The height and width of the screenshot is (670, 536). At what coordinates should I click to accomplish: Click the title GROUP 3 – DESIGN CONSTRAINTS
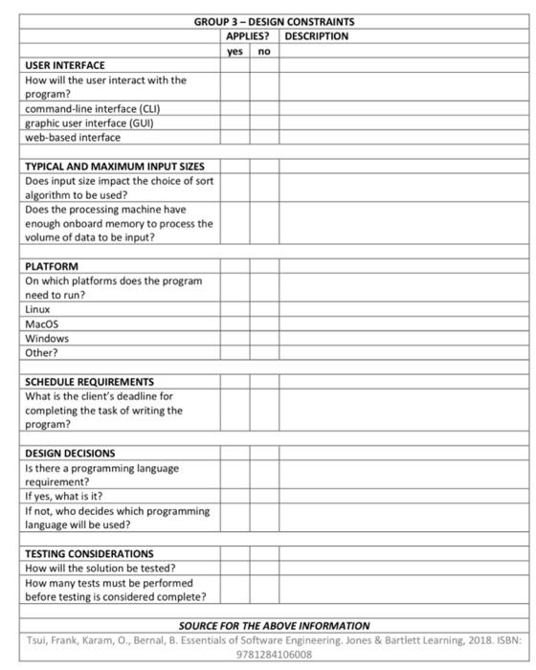(x=273, y=22)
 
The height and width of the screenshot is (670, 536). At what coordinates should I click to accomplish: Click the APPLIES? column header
(x=250, y=36)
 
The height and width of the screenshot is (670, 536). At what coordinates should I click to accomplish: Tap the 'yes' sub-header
(x=234, y=51)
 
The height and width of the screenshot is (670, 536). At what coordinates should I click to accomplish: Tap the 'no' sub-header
(x=264, y=51)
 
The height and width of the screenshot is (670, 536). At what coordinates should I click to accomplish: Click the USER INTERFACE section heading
(x=65, y=65)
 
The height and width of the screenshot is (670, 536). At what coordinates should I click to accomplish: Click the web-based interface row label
(x=73, y=137)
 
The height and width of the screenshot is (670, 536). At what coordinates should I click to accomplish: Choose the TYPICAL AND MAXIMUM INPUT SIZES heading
(x=114, y=166)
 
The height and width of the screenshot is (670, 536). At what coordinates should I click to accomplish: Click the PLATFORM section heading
(x=52, y=266)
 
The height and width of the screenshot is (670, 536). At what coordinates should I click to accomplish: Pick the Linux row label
(x=37, y=310)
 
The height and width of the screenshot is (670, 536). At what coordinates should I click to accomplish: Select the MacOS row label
(x=42, y=324)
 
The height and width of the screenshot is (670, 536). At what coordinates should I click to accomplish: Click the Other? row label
(x=41, y=353)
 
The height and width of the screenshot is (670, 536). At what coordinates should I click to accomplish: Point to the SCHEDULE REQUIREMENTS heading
(x=89, y=382)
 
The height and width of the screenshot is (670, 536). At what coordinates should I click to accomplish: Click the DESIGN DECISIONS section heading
(x=70, y=454)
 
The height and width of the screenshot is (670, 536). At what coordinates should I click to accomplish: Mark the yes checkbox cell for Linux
(x=234, y=310)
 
